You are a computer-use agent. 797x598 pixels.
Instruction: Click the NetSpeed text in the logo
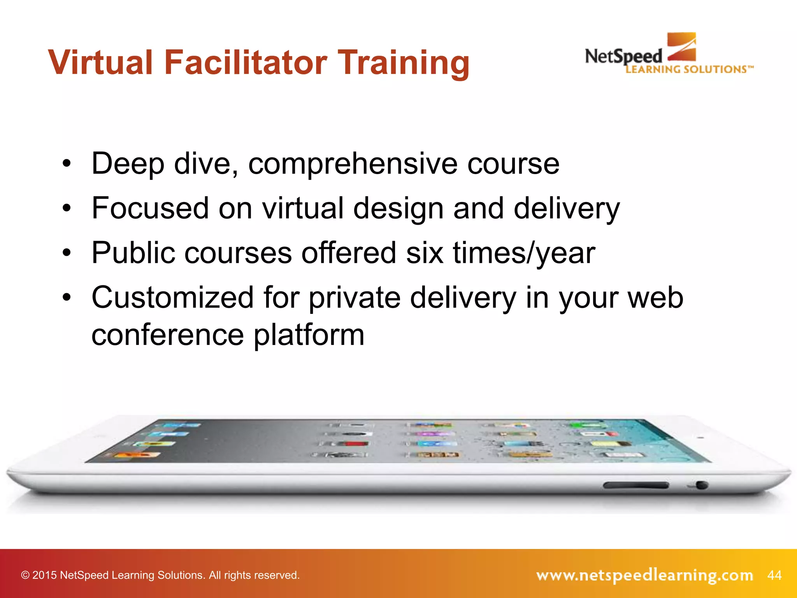(x=623, y=56)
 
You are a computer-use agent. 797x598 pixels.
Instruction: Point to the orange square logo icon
(x=681, y=47)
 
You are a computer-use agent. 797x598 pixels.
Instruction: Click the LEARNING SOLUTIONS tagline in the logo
(x=689, y=70)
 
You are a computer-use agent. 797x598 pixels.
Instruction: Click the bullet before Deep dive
(x=67, y=164)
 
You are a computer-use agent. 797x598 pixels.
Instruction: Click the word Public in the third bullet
(x=133, y=253)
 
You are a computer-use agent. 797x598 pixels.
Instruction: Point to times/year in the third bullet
(x=524, y=253)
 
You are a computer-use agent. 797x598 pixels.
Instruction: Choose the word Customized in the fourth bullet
(x=173, y=298)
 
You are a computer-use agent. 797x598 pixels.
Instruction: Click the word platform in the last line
(x=309, y=335)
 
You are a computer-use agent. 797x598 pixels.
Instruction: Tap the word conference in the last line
(x=167, y=335)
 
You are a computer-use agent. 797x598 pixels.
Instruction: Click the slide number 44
(x=774, y=575)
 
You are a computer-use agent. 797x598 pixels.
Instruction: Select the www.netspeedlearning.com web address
(x=644, y=575)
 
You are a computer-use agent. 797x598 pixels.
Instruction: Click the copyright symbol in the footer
(x=25, y=575)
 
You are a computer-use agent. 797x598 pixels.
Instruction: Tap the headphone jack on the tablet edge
(x=701, y=485)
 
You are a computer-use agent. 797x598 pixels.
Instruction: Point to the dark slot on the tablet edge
(x=636, y=485)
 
